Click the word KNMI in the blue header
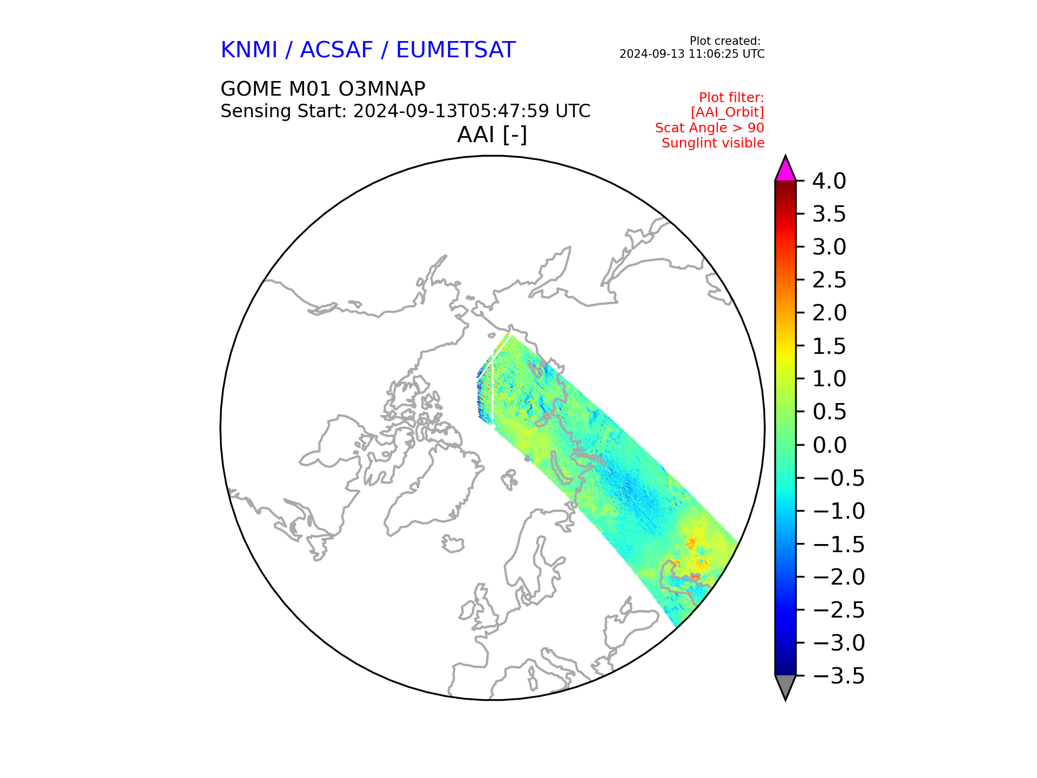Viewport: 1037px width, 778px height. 249,50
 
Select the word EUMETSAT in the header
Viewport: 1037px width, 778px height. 456,50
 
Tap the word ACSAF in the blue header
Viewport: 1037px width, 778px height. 336,50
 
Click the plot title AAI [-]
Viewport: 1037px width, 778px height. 492,135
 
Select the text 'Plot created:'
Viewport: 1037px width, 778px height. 725,41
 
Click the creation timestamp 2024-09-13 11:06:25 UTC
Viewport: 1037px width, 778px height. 692,54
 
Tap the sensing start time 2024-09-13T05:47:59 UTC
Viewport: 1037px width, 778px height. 472,111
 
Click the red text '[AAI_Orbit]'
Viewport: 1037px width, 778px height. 728,112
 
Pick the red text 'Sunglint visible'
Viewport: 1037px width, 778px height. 713,143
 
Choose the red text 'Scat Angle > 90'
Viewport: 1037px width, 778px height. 710,128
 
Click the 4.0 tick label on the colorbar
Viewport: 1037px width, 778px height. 829,181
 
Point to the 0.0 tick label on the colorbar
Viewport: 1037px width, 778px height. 829,445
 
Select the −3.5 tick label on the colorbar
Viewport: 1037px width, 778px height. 838,676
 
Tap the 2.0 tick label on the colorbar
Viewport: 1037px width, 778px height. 829,313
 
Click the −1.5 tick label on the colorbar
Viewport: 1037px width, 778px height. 838,544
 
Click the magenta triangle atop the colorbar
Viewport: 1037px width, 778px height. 785,170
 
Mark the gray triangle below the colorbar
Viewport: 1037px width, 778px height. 785,686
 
